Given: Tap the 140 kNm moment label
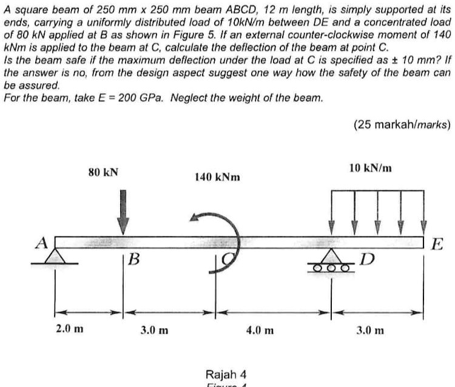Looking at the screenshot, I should pos(217,177).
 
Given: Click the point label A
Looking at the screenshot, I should pos(42,243).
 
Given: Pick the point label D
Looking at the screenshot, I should pos(365,261).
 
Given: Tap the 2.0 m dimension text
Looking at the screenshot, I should pos(70,330).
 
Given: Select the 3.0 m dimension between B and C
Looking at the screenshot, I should pos(155,331).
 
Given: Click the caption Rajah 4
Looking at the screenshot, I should pos(226,372).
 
